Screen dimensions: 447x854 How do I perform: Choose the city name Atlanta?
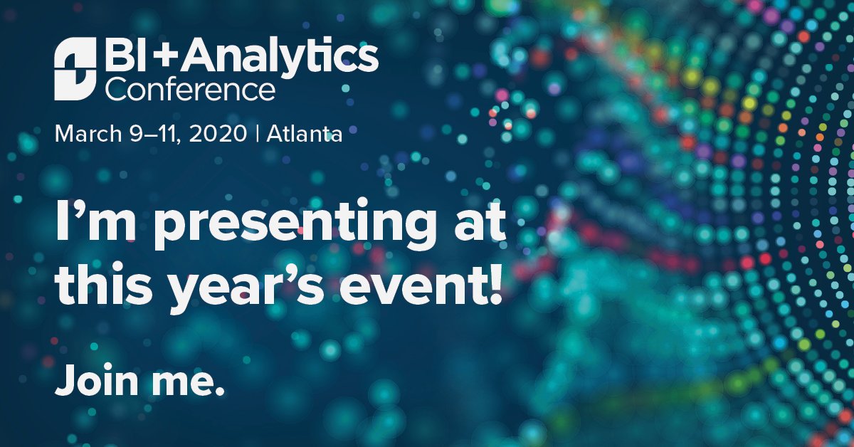click(305, 133)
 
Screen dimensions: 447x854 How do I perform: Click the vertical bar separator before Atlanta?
click(257, 133)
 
